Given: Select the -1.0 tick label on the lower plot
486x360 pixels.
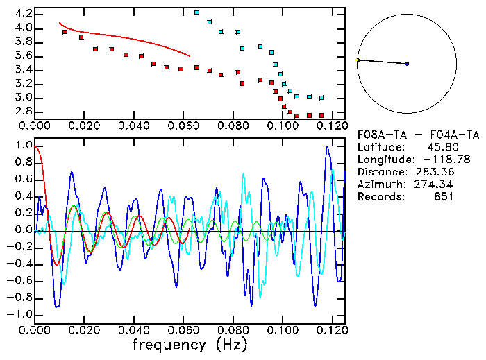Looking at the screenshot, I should pyautogui.click(x=20, y=314).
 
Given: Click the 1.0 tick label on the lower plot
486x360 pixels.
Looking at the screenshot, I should pyautogui.click(x=23, y=146).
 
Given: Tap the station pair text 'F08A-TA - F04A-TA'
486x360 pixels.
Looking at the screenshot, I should pyautogui.click(x=418, y=135).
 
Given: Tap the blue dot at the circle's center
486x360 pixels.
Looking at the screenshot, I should pyautogui.click(x=407, y=64).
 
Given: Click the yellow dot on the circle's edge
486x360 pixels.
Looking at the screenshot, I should pyautogui.click(x=358, y=60).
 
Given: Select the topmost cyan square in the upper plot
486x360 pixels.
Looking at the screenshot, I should pyautogui.click(x=197, y=12).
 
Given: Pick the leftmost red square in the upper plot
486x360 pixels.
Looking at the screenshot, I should pyautogui.click(x=65, y=32).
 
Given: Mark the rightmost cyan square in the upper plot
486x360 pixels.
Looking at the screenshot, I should pyautogui.click(x=321, y=98).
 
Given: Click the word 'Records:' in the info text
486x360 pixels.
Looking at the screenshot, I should pyautogui.click(x=379, y=197).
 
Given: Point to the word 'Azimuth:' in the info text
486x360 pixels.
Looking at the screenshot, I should pyautogui.click(x=379, y=185).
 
